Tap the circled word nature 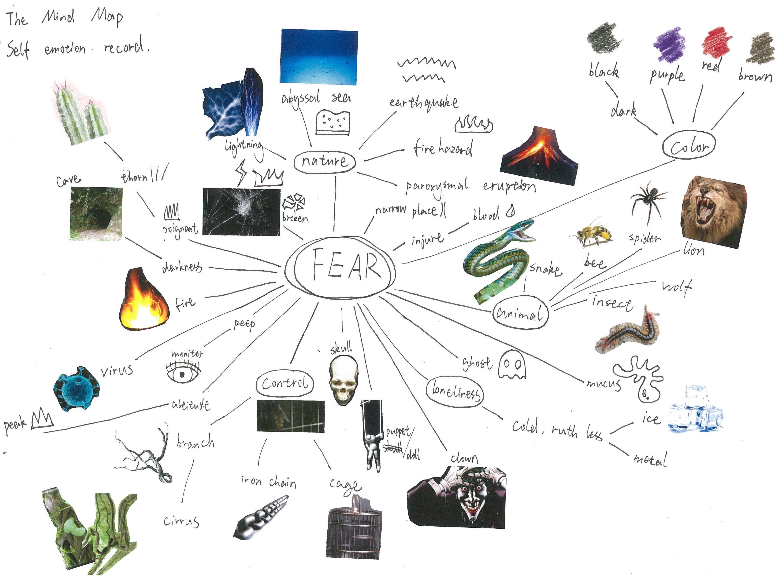[325, 162]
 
